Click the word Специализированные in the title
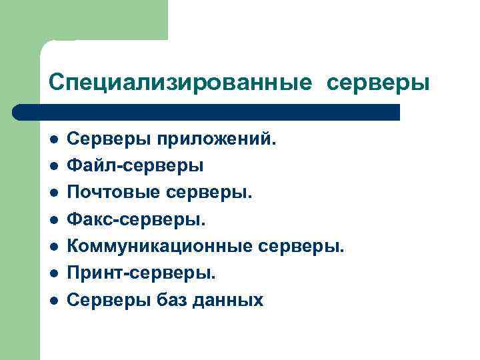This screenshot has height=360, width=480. [179, 83]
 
